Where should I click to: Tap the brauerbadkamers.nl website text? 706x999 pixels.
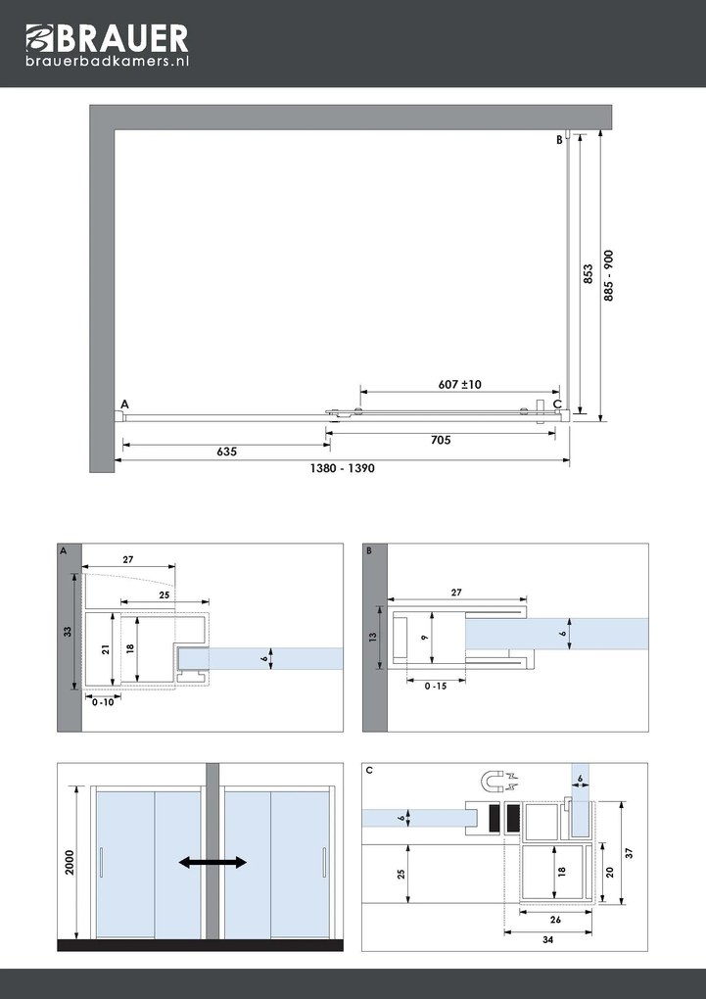coord(107,61)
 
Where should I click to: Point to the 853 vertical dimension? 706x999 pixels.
coord(588,272)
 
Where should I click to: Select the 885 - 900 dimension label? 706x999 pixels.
coord(608,275)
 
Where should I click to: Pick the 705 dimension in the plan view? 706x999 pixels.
coord(440,441)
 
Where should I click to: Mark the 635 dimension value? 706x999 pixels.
coord(226,452)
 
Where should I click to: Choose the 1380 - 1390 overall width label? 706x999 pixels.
coord(343,469)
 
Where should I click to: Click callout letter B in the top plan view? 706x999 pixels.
coord(559,140)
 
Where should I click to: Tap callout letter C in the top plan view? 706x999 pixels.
coord(557,404)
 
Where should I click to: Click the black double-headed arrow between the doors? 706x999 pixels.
coord(212,862)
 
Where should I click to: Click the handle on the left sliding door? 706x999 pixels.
coord(101,862)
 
